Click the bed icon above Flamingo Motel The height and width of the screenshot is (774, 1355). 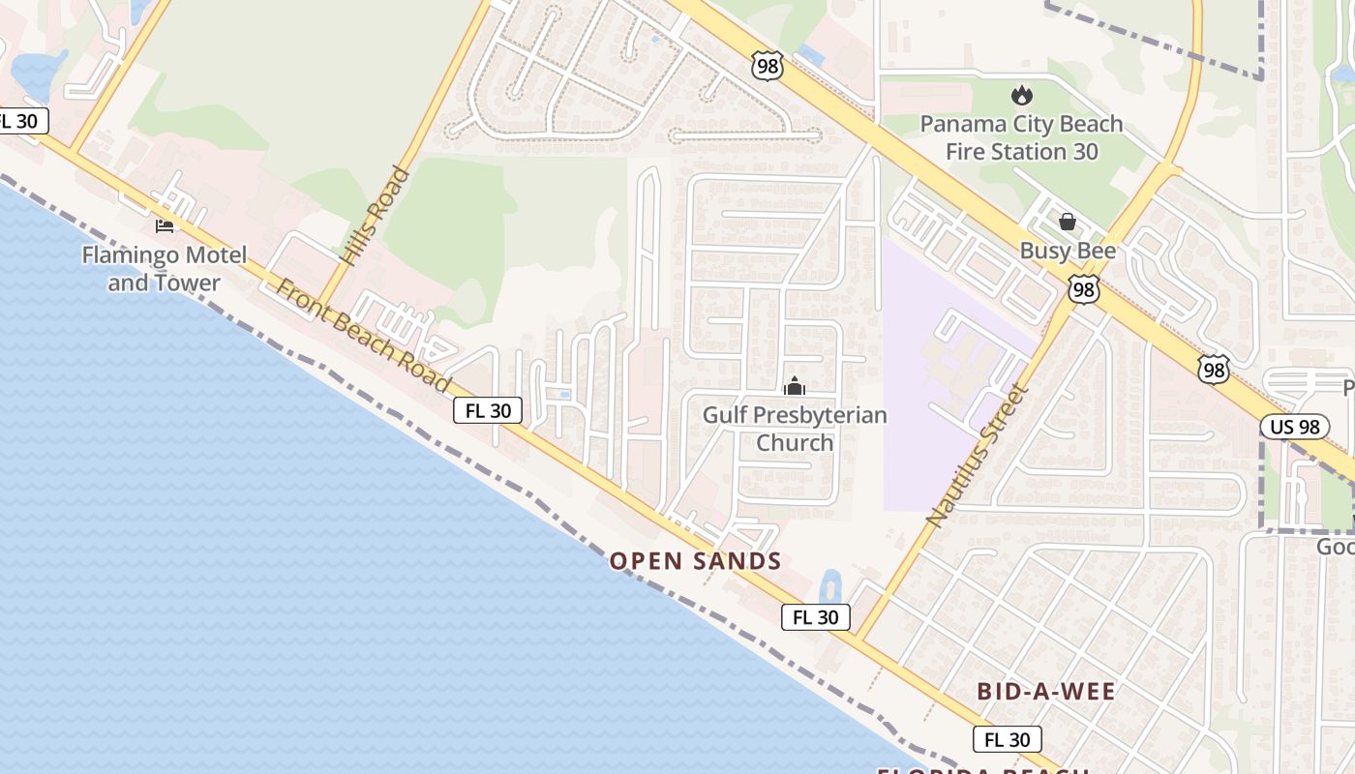tap(165, 226)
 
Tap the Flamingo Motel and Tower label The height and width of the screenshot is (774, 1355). tap(164, 269)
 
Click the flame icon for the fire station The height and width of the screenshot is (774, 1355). tap(1021, 95)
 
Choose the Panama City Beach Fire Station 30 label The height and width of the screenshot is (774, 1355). tap(1021, 137)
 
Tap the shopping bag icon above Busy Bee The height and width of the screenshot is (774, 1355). tap(1068, 222)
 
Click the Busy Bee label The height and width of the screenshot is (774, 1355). tap(1068, 252)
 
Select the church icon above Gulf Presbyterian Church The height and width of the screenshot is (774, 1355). tap(795, 386)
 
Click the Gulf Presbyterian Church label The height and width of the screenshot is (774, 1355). tap(795, 429)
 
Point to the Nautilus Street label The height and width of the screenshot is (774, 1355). tap(976, 456)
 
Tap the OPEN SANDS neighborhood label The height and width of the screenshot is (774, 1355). tap(695, 561)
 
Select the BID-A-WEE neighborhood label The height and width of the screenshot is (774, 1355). tap(1046, 692)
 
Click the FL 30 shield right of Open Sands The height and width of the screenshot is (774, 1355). tap(815, 617)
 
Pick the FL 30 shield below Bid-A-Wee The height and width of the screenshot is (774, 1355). tap(1007, 740)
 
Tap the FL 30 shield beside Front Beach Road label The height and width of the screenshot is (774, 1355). tap(488, 410)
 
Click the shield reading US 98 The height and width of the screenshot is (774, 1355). tap(1294, 427)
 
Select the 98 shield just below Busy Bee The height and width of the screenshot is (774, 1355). tap(1084, 288)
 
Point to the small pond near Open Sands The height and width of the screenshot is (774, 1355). tap(829, 585)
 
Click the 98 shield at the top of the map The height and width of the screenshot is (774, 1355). tap(767, 66)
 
